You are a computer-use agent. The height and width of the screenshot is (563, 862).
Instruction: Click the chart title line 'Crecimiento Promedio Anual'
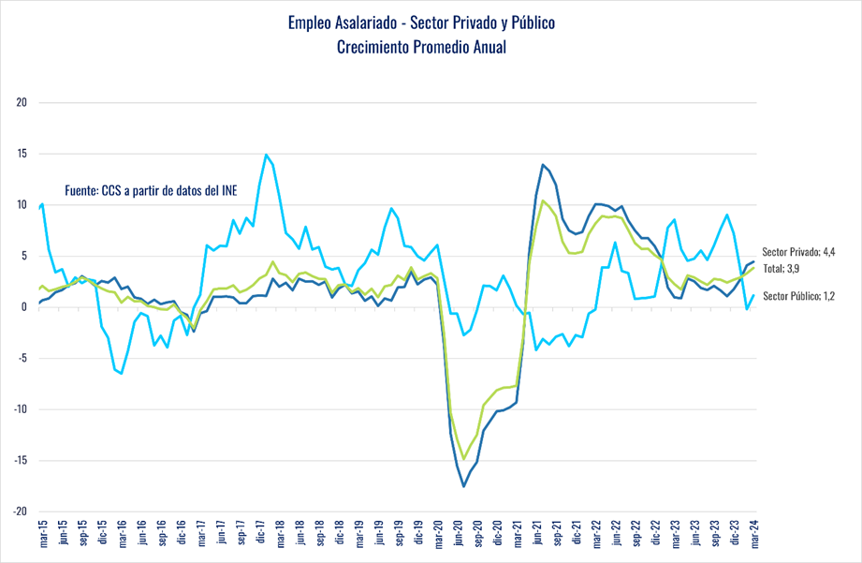(421, 47)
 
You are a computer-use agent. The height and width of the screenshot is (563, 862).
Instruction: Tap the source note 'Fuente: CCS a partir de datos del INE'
(151, 189)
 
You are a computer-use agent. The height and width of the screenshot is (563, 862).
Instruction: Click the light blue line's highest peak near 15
(267, 155)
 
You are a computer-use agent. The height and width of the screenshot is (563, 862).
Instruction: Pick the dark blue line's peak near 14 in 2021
(543, 165)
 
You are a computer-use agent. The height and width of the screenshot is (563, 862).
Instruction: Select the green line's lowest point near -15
(463, 459)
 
